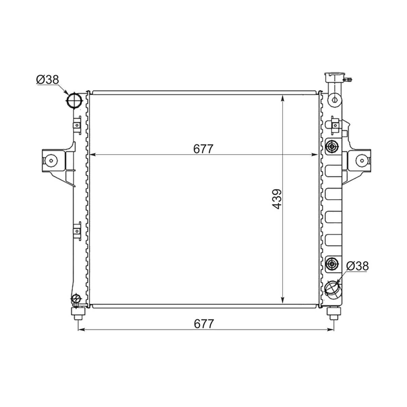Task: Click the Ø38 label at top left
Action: click(x=47, y=80)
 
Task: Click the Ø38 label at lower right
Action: click(x=357, y=266)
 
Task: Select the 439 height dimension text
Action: click(x=277, y=199)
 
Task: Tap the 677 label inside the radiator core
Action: click(x=203, y=149)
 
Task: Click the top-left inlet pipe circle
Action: click(x=74, y=100)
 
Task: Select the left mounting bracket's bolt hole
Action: click(x=51, y=160)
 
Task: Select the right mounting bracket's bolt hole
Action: click(x=362, y=160)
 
